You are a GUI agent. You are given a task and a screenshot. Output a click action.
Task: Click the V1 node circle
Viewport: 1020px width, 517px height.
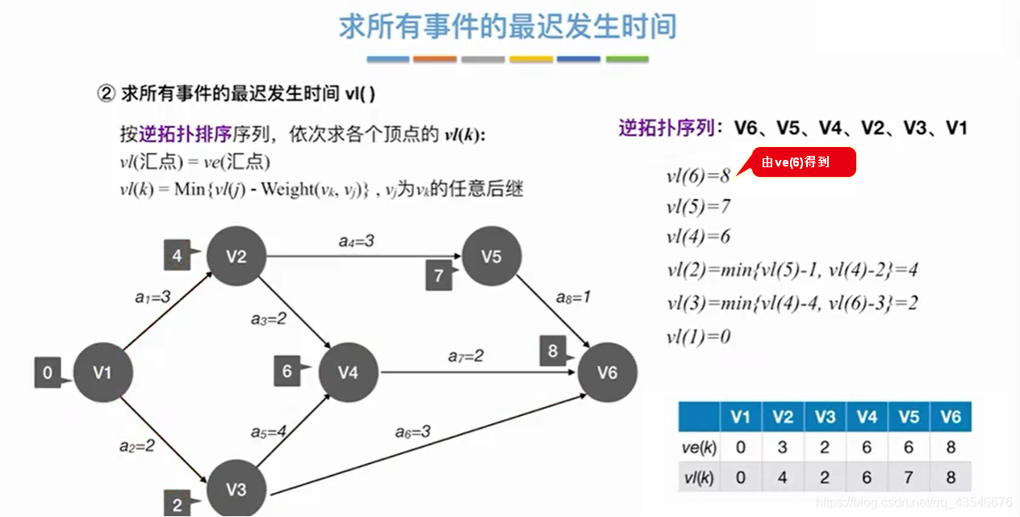click(102, 372)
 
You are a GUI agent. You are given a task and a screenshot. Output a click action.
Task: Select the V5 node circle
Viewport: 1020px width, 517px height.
click(491, 256)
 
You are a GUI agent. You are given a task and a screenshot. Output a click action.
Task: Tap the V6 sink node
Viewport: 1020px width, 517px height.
click(607, 372)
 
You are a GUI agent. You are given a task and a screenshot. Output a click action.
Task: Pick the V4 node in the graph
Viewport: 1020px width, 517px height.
click(349, 372)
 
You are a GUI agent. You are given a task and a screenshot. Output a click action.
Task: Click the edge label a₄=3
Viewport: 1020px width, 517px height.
click(356, 241)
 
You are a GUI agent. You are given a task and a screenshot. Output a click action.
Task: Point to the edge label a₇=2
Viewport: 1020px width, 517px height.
click(466, 355)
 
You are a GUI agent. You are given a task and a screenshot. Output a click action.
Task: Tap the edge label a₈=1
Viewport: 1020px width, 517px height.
click(574, 297)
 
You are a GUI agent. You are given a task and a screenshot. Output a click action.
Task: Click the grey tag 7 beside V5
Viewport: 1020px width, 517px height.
click(438, 275)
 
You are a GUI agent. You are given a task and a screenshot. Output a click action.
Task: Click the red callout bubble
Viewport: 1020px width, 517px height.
click(801, 162)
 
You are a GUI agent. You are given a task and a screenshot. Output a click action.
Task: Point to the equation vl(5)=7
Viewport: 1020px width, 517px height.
click(699, 207)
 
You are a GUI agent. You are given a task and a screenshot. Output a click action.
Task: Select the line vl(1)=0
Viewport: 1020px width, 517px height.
click(699, 336)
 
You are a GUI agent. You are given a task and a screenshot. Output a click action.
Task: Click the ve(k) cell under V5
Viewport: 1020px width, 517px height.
click(909, 447)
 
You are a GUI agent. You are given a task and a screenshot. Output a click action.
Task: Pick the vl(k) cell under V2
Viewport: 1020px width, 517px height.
click(782, 477)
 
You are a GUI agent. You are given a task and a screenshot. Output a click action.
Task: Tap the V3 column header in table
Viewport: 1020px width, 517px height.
click(825, 417)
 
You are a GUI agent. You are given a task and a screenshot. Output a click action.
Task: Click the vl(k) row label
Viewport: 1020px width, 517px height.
click(699, 477)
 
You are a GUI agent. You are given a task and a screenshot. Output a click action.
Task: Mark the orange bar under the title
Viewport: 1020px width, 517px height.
click(435, 59)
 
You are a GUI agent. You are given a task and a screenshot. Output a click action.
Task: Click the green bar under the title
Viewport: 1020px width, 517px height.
click(627, 59)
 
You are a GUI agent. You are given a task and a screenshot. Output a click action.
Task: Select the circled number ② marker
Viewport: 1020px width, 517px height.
click(107, 94)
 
